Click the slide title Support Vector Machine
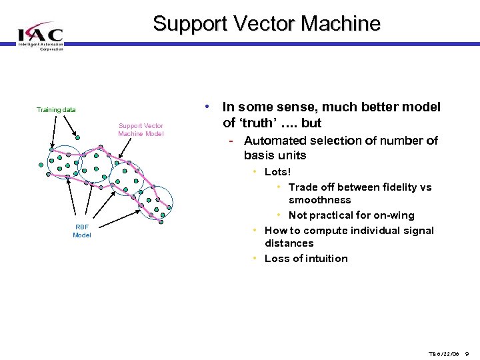tap(267, 23)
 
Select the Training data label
tap(56, 110)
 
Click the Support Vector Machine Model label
tap(141, 130)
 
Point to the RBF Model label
tap(82, 231)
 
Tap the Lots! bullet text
tap(278, 172)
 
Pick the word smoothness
tap(320, 200)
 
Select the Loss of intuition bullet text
tap(306, 259)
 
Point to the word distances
tap(289, 243)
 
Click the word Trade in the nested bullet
tap(304, 187)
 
